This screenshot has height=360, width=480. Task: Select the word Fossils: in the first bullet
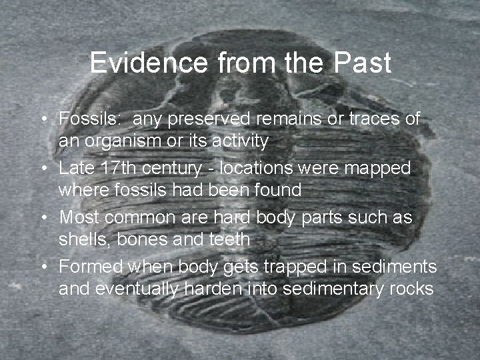[x=89, y=119]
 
